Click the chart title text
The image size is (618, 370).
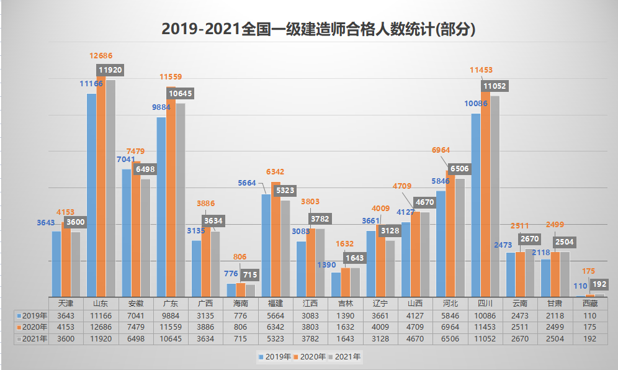click(x=322, y=29)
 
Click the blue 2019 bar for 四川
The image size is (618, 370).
click(x=476, y=205)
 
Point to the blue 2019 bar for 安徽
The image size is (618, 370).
click(x=126, y=233)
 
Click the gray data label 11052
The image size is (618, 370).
click(x=495, y=86)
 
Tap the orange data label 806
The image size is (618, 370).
click(x=240, y=256)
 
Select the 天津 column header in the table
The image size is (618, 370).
click(x=66, y=304)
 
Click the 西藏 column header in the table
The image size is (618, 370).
click(x=590, y=304)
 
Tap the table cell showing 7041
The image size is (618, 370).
click(x=136, y=315)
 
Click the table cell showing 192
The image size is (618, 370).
click(x=590, y=339)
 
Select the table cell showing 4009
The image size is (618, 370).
click(x=380, y=327)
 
